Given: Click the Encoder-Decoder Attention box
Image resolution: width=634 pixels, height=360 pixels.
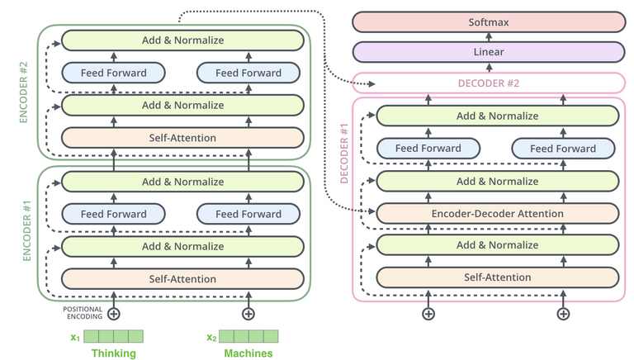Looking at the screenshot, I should pos(497,213).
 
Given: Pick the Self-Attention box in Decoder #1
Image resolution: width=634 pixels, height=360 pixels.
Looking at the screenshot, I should pos(497,277).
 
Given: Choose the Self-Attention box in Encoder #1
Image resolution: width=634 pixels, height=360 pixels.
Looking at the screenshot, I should pos(182,278).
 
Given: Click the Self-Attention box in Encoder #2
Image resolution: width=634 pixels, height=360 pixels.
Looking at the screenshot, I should pos(182,137).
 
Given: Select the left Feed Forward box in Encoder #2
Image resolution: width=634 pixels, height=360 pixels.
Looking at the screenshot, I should pos(114,73).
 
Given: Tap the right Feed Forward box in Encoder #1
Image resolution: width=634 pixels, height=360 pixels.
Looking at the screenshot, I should pos(248,214).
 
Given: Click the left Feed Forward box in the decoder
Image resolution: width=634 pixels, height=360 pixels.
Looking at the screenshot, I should pos(428,149).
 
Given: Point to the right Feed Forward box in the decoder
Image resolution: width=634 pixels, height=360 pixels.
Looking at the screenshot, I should pos(563,149).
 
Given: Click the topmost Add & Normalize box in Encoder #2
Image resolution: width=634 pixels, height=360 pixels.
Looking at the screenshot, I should pos(182,40).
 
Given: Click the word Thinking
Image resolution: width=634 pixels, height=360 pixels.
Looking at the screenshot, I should pos(114,353).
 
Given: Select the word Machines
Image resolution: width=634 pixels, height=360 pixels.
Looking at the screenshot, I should pos(248,353).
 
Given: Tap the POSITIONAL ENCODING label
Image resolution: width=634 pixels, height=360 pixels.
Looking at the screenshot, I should pos(82,313).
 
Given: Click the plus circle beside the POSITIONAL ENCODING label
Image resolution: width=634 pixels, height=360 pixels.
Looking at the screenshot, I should pos(114,313).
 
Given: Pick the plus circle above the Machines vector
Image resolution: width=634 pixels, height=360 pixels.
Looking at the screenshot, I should pos(248,313).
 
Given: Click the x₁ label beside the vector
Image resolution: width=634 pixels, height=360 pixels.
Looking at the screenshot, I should pos(75,337).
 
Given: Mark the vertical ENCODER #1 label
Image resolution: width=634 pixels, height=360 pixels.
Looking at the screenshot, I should pos(25,232).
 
